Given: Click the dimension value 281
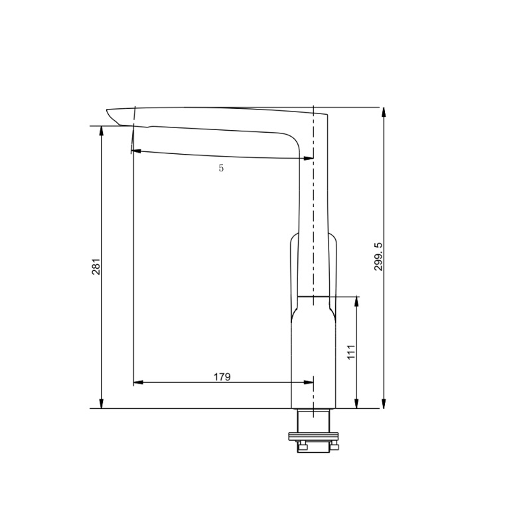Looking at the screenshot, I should tap(96, 267).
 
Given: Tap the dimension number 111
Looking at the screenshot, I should tap(352, 352).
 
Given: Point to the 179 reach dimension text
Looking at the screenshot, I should tap(222, 377).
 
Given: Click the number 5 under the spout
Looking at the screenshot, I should tap(221, 169).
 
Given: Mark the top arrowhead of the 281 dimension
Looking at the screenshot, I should tap(102, 130).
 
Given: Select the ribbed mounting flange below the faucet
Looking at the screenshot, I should tap(313, 436).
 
